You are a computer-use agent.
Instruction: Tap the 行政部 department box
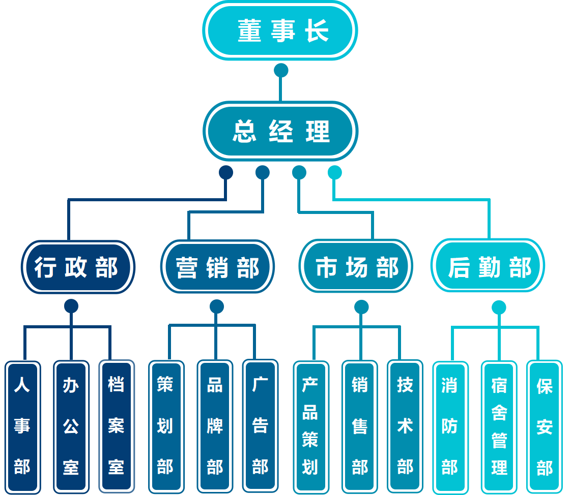coord(78,267)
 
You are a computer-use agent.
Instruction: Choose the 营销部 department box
coord(217,267)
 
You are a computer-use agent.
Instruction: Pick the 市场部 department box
coord(356,267)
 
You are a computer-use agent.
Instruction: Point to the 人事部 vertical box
coord(22,426)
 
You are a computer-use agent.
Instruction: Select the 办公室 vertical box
coord(71,426)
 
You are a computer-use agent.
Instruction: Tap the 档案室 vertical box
coord(117,426)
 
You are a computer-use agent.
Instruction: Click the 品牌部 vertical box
coord(215,426)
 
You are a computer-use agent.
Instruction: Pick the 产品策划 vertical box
coord(310,426)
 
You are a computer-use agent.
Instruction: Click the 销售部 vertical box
coord(359,426)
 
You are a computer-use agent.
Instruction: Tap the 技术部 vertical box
coord(405,426)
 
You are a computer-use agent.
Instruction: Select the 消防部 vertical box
coord(450,426)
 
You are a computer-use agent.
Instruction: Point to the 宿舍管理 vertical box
coord(499,426)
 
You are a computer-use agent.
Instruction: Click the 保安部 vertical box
coord(544,426)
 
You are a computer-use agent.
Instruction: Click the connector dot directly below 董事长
coord(281,70)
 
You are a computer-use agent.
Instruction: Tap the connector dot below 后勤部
coord(499,307)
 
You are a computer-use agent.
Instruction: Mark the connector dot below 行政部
coord(71,306)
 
